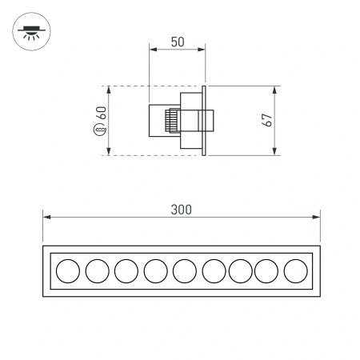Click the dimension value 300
pos(181,210)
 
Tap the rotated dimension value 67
pos(268,120)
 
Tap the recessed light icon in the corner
pos(32,33)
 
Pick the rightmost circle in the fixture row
pos(295,271)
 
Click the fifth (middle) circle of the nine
pos(184,271)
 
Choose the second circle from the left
pos(97,271)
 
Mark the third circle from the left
pos(126,271)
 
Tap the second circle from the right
pos(266,271)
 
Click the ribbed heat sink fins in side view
pos(170,121)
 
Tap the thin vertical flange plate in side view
pos(206,120)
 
